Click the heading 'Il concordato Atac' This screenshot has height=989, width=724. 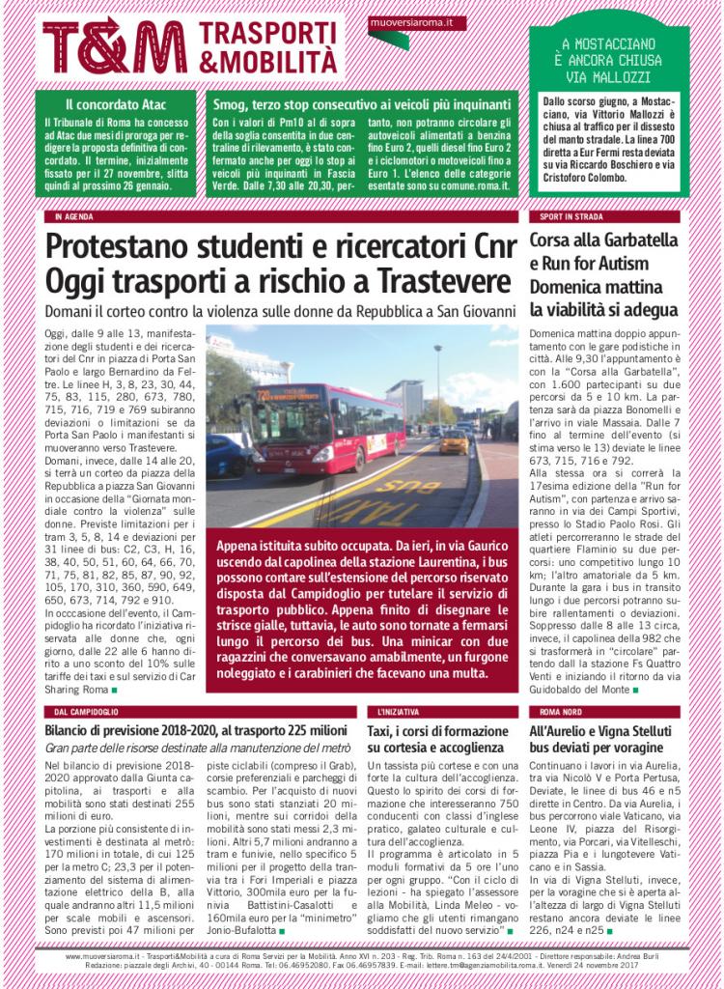click(113, 103)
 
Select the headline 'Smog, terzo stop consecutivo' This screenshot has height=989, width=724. click(361, 103)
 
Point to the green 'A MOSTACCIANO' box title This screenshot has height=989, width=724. click(609, 44)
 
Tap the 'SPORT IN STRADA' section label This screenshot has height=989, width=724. click(564, 217)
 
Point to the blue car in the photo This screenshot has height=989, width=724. click(223, 453)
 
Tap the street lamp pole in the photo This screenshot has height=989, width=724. click(439, 386)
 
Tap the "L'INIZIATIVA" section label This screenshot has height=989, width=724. click(399, 711)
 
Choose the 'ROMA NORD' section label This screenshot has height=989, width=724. click(555, 711)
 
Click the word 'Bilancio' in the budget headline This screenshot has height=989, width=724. click(73, 731)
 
